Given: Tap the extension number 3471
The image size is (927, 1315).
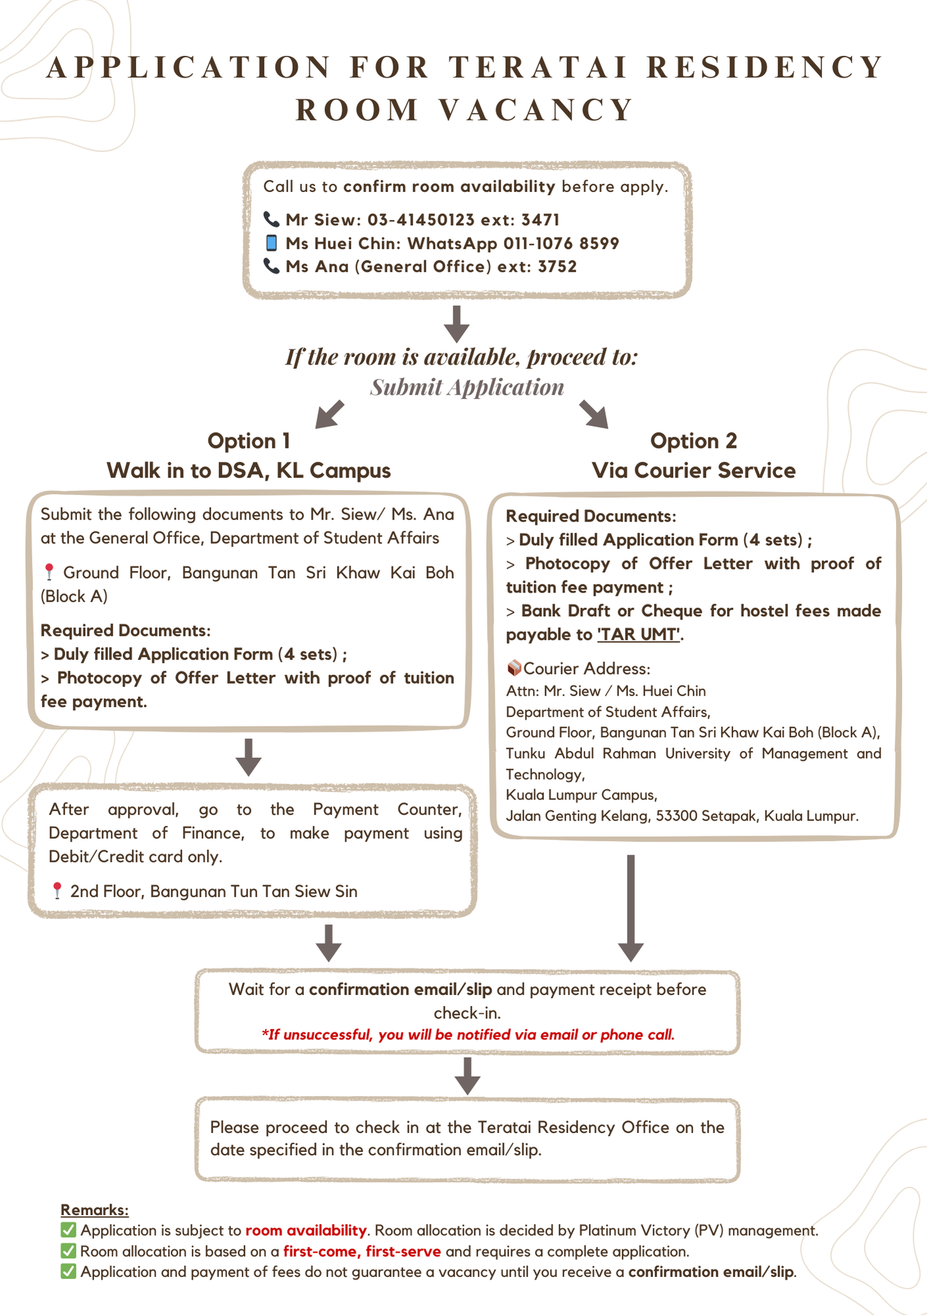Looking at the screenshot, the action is pos(540,220).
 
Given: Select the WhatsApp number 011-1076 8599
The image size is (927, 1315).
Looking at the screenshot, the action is pos(561,243).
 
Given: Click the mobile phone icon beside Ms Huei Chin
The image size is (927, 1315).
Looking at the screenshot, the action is pos(271,243).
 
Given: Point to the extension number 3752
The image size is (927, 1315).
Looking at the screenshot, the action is pos(557,266).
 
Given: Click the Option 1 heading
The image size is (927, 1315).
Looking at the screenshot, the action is pos(249,441).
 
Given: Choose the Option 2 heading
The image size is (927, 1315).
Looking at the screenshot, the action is pos(693,441).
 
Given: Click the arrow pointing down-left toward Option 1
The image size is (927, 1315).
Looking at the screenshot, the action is pos(330,414).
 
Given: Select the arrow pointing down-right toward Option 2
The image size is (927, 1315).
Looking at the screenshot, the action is pos(594,414).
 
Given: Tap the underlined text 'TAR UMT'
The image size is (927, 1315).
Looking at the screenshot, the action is pos(638,634).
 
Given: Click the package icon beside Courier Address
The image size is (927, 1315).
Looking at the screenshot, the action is pos(514,668).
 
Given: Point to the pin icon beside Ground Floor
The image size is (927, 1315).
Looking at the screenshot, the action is pos(49,572).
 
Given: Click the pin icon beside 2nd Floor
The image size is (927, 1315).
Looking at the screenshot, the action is pos(57,891).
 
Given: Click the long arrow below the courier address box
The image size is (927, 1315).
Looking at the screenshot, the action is pos(630,908).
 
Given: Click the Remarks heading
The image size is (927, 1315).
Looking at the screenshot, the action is pos(95,1210).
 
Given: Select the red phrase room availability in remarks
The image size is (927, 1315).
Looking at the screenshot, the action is pos(306,1230).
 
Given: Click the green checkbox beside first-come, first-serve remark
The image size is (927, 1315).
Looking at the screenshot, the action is pos(68,1251).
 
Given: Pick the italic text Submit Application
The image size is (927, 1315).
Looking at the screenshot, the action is pos(467,387).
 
